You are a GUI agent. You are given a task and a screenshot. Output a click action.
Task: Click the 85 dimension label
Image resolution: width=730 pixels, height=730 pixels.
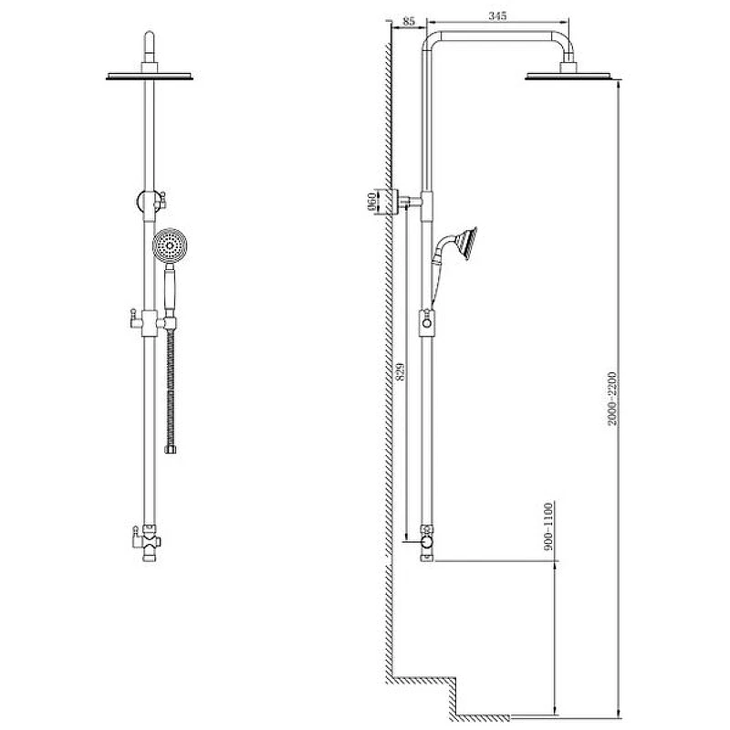tap(408, 21)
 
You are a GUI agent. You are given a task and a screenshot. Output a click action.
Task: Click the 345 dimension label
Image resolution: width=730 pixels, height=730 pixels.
tap(497, 16)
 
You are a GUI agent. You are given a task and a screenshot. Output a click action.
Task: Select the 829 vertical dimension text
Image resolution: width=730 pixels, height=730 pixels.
tap(400, 371)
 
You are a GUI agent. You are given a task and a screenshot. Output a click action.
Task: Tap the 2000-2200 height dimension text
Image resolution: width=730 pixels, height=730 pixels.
tap(612, 399)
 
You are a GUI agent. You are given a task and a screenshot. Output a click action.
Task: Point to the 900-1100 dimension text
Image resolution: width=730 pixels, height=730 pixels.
tap(549, 527)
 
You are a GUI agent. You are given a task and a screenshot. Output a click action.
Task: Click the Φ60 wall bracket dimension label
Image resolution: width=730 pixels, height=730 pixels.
tap(372, 202)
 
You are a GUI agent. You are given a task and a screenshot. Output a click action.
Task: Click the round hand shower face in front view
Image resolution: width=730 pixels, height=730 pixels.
tap(170, 245)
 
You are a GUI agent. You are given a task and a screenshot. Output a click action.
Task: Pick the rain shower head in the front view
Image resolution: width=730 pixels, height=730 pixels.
tap(150, 76)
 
